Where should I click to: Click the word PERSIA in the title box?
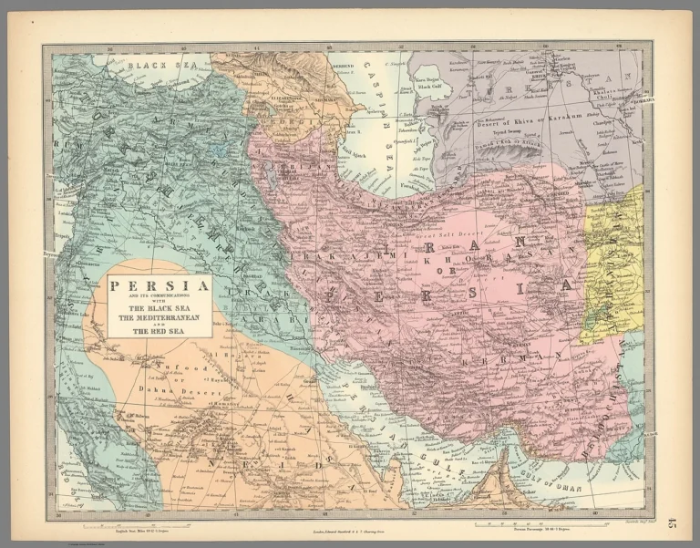point(160,284)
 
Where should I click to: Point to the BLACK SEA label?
point(154,66)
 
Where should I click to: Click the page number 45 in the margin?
point(673,522)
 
